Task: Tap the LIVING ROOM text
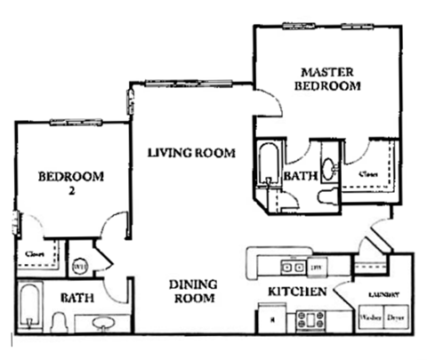point(191,153)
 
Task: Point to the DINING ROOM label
point(194,292)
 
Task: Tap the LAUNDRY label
point(381,294)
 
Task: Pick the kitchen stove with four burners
point(312,317)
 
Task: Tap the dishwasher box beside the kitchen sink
point(315,265)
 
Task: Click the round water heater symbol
point(78,264)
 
